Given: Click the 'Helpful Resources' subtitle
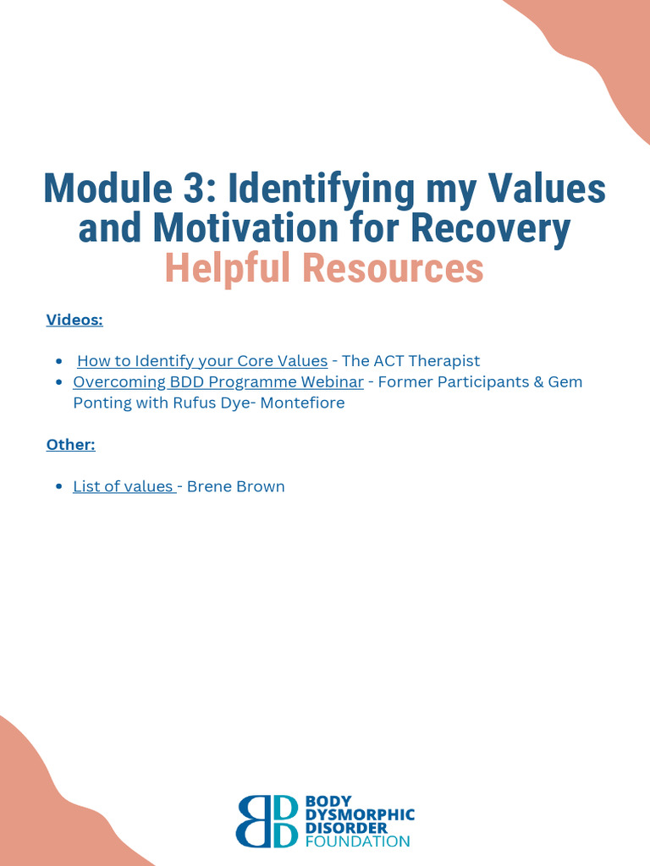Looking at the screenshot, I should coord(324,269).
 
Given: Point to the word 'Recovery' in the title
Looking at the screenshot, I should coord(499,228).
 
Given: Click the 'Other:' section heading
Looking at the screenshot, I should coord(71,445).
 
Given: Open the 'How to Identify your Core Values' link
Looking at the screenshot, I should coord(202,361).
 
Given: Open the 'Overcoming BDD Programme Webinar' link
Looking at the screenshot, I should coord(218,382).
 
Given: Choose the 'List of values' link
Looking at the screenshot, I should coord(124,486).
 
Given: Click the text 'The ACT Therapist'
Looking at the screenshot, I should coord(410,361).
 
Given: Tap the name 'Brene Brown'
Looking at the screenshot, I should coord(235,486).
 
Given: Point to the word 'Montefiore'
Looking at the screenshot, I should coord(302,403).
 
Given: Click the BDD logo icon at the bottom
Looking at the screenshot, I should coord(267,820).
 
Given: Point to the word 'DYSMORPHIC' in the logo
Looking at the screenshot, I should coord(359,814).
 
